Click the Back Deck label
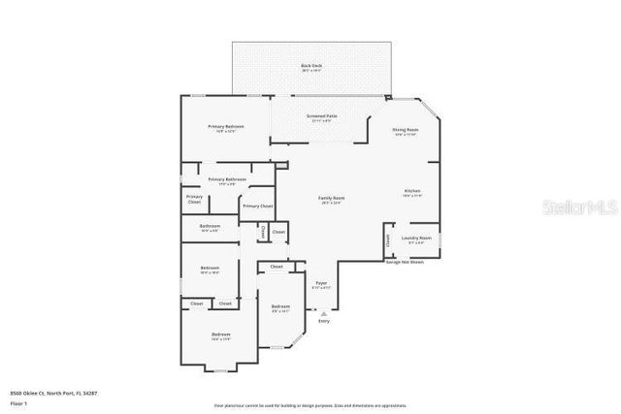pyautogui.click(x=311, y=66)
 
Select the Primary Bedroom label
pyautogui.click(x=224, y=127)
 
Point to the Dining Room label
pyautogui.click(x=406, y=130)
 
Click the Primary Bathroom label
pyautogui.click(x=227, y=179)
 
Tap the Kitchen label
pyautogui.click(x=412, y=192)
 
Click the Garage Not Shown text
pyautogui.click(x=405, y=262)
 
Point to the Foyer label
pyautogui.click(x=321, y=283)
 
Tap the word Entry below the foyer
pyautogui.click(x=323, y=320)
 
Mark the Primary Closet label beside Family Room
pyautogui.click(x=258, y=207)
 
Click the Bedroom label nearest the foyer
pyautogui.click(x=281, y=307)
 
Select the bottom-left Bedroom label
pyautogui.click(x=220, y=335)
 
